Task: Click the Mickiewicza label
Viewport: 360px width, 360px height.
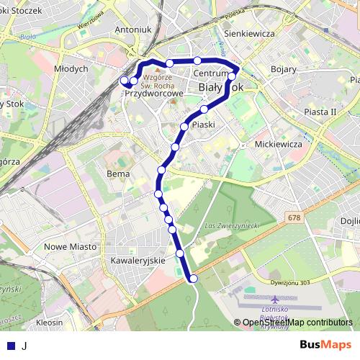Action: point(278,144)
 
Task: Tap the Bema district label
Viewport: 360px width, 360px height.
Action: point(117,174)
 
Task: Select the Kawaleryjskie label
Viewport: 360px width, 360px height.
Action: point(138,260)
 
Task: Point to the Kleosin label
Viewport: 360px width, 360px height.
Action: point(49,323)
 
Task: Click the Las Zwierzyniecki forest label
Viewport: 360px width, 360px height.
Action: point(232,226)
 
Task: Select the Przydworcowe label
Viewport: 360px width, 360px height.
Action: point(154,94)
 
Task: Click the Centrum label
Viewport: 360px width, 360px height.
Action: point(210,74)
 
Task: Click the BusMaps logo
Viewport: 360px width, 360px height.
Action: point(320,345)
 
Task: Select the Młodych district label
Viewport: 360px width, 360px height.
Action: point(71,68)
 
